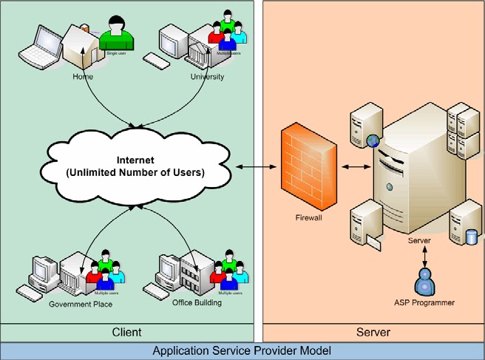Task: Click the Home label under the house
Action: pos(83,76)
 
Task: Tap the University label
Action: pos(207,76)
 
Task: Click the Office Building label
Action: pos(197,303)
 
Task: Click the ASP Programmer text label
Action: pos(425,303)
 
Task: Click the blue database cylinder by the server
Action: pos(471,237)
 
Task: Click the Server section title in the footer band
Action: pos(373,332)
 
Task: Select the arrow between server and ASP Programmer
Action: pos(425,254)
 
